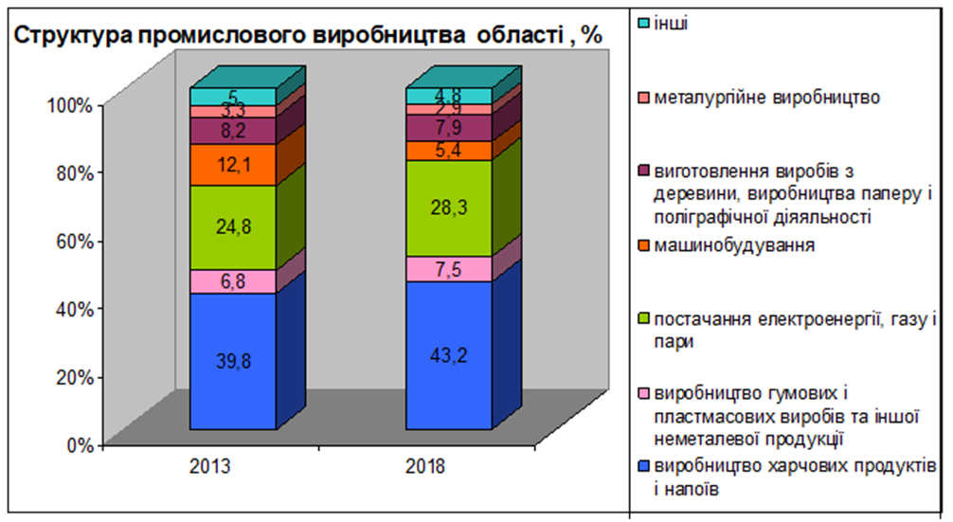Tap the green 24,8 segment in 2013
[x=232, y=227]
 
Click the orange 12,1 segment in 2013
[x=232, y=165]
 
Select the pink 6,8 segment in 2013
[x=232, y=281]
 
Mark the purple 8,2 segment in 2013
[x=232, y=131]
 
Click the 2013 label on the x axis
[x=233, y=467]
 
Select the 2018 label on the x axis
[x=449, y=467]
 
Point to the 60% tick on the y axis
[x=71, y=241]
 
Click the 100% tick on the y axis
[x=68, y=104]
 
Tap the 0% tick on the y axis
[x=76, y=444]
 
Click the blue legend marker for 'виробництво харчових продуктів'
[x=643, y=468]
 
